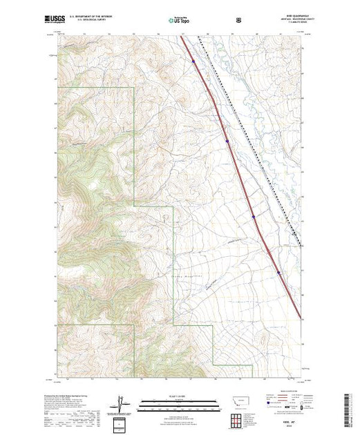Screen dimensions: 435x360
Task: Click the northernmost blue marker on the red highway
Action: coord(193,61)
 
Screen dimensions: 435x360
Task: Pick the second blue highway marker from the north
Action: coord(227,141)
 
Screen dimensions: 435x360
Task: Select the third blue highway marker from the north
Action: coord(254,216)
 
